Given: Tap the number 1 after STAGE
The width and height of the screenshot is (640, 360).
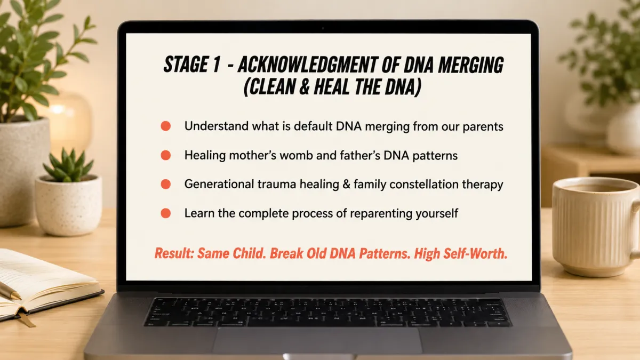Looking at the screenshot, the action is coord(217,65).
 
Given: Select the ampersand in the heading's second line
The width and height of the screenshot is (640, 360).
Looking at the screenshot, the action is coord(305,87).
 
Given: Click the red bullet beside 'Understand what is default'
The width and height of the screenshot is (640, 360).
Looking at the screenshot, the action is coord(166,126).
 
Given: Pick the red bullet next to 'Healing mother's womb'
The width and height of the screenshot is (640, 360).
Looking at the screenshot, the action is coord(166,155).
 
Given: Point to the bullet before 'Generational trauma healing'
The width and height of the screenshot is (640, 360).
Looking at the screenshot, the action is coord(166,185).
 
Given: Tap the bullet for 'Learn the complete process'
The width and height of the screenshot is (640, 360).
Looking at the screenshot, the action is coord(166,213).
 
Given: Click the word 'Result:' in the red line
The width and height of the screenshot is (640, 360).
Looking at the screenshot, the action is coord(174,253).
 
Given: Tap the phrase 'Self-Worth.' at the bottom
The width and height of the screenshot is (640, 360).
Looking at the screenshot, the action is coord(475,253).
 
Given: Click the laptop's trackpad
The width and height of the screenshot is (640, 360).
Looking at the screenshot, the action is coord(317,341).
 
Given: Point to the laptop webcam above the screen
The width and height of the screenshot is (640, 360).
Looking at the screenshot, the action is coord(323,28).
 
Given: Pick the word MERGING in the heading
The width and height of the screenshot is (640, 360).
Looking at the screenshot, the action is coord(470,65).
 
